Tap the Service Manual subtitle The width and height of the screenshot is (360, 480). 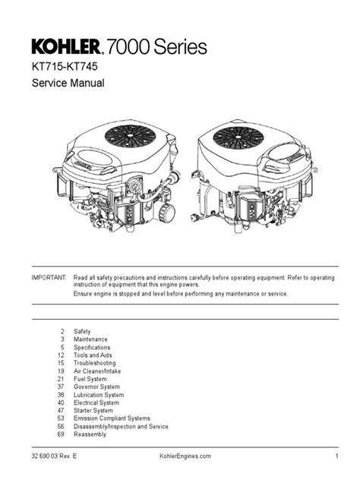[66, 84]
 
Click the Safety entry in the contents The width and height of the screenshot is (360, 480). [82, 332]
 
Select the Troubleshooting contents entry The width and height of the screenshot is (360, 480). [96, 363]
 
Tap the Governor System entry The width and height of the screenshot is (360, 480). [96, 387]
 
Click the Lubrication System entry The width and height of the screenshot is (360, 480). [99, 395]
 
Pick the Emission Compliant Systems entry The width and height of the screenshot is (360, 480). [112, 418]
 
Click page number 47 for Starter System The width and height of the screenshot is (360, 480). [61, 410]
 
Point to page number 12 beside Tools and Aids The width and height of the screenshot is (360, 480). [61, 355]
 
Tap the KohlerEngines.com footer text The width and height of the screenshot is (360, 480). [179, 456]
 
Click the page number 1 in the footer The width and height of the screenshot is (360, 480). [335, 456]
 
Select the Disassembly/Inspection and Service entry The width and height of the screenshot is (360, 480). [121, 426]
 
